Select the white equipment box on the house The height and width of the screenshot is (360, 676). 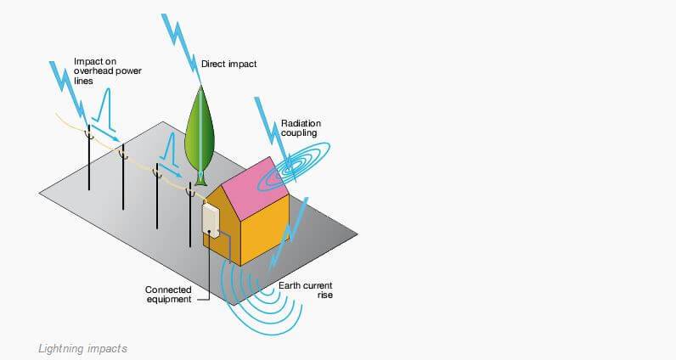point(211,221)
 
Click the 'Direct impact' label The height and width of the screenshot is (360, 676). point(228,64)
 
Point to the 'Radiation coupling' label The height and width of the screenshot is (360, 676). point(301,128)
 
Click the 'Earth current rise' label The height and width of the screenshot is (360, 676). point(305,290)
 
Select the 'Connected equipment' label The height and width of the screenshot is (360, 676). point(168,295)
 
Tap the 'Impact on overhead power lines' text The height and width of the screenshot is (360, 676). point(107,71)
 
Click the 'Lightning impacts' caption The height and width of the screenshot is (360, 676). point(82,348)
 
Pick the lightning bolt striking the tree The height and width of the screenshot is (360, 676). point(182,48)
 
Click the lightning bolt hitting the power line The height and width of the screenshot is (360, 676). point(69,93)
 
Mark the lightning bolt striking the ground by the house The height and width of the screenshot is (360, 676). point(288,235)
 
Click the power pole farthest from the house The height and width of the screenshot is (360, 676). point(89,157)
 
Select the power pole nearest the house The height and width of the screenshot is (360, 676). point(190,215)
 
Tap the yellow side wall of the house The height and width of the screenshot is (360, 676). point(265,230)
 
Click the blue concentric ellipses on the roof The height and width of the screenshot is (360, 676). point(293,166)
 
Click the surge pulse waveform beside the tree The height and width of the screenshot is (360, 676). point(171,151)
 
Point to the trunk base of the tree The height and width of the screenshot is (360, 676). point(200,178)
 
